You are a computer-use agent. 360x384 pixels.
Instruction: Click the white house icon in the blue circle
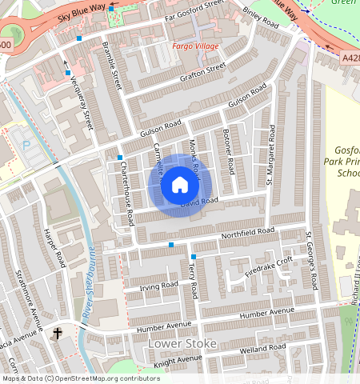click(180, 186)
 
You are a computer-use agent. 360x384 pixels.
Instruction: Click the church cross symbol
click(58, 332)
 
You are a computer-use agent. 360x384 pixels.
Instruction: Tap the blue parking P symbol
click(26, 146)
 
